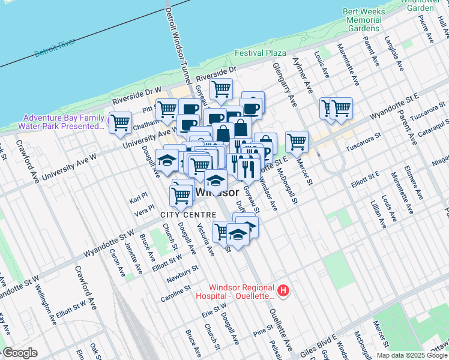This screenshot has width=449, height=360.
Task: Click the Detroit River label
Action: [x=55, y=48]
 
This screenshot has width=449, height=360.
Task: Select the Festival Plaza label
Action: [x=260, y=53]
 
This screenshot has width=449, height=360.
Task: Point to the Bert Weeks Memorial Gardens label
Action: [x=363, y=20]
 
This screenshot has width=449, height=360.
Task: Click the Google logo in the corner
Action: [x=19, y=353]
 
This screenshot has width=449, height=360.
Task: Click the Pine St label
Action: [x=263, y=331]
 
